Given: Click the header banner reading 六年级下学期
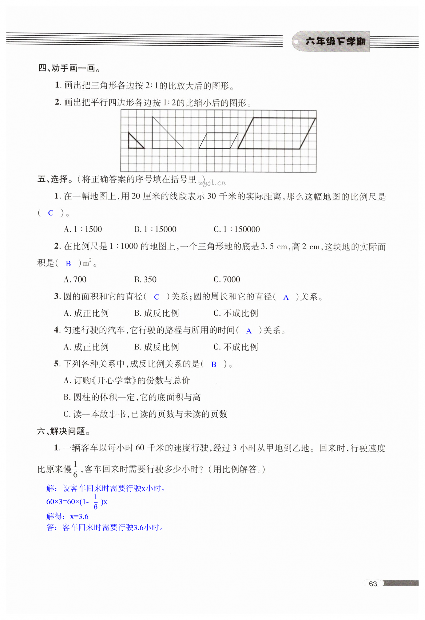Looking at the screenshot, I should [x=335, y=41].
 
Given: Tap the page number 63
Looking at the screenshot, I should [x=373, y=584].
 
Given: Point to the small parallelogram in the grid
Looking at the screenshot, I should [x=218, y=141].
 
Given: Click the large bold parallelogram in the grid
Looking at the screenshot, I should [x=277, y=133].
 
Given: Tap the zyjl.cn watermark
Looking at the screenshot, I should [x=212, y=183].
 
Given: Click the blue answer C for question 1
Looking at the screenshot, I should [x=51, y=213].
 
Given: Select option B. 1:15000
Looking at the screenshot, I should [x=155, y=229].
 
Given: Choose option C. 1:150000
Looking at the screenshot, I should [x=237, y=229].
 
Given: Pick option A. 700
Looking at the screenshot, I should [x=75, y=280].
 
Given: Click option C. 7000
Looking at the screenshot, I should [x=227, y=280].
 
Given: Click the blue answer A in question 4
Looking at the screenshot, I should [x=249, y=331].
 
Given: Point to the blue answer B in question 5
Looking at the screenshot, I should [x=214, y=365].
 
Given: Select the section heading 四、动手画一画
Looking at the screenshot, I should [x=69, y=68].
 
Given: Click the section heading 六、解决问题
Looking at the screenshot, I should [x=64, y=431].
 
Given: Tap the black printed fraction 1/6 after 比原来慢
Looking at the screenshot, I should [x=75, y=469].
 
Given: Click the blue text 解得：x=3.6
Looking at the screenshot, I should [x=67, y=516].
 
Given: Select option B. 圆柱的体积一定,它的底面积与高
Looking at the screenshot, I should [x=132, y=397].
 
